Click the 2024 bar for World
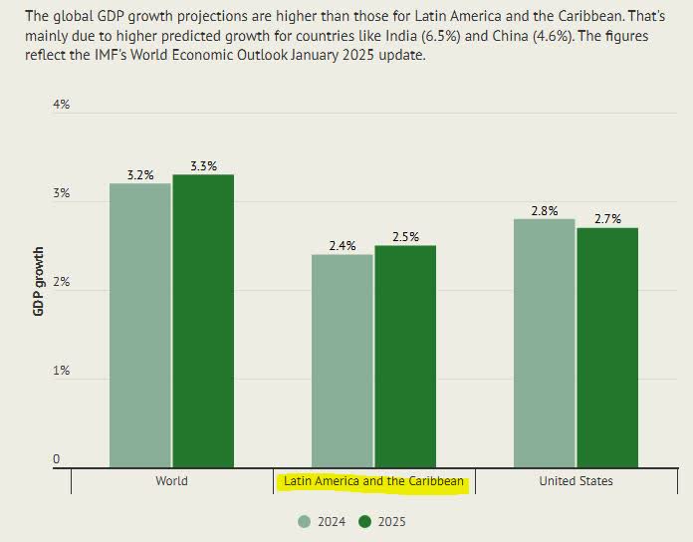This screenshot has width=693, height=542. [139, 325]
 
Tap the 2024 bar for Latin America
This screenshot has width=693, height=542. [342, 361]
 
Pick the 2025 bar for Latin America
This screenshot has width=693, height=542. [405, 356]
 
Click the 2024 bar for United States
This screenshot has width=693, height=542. [544, 343]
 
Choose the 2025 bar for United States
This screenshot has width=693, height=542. [607, 347]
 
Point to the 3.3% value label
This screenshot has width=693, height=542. [203, 166]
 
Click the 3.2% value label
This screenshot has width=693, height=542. [140, 175]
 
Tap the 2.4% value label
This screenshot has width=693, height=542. [343, 246]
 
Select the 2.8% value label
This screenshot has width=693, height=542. [544, 210]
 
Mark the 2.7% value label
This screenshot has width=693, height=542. [607, 219]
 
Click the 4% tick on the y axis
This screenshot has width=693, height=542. [61, 105]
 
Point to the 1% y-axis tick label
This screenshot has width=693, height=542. [61, 371]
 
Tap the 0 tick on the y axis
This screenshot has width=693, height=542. [57, 459]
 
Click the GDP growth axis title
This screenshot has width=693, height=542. [39, 281]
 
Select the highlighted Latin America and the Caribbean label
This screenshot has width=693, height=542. [373, 481]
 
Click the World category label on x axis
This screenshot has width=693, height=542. [171, 481]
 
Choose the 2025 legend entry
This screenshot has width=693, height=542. [382, 521]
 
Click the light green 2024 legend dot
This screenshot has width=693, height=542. [306, 521]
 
